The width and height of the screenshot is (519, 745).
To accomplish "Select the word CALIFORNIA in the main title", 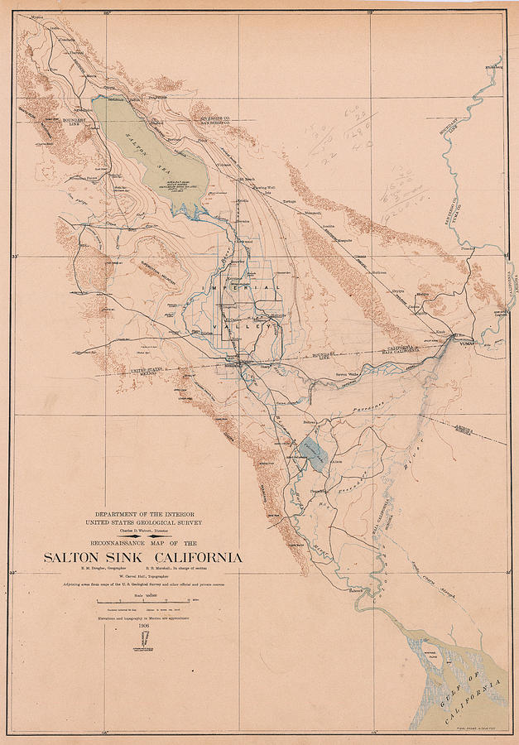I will pyautogui.click(x=202, y=557).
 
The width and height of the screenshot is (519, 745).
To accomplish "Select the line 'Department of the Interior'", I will pyautogui.click(x=143, y=514).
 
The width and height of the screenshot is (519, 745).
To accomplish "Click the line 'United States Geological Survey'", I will pyautogui.click(x=143, y=523).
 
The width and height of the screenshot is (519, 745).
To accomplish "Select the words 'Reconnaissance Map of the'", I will pyautogui.click(x=143, y=544).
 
